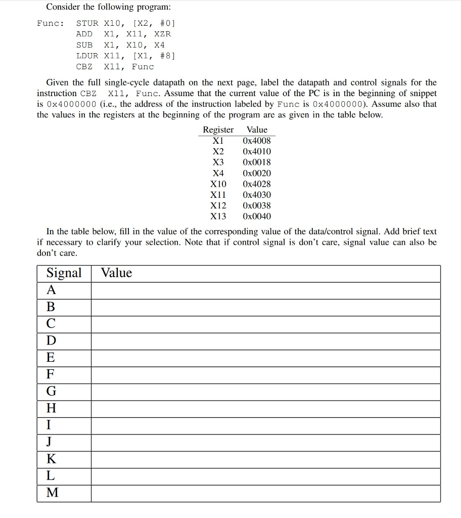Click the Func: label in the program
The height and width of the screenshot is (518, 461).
tap(51, 23)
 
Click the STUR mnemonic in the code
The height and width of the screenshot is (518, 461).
tap(87, 23)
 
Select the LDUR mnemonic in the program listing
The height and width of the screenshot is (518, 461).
tap(87, 56)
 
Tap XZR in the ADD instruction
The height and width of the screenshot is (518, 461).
tap(162, 34)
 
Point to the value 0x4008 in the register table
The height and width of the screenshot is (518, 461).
tap(257, 141)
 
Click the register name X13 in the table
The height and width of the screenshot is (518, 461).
tap(218, 217)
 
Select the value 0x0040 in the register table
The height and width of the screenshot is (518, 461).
tap(257, 217)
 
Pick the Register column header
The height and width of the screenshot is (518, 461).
tap(218, 129)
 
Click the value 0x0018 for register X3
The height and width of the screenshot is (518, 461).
tap(257, 162)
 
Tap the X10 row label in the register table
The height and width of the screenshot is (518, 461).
tap(218, 184)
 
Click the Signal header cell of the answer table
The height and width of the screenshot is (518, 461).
tap(64, 273)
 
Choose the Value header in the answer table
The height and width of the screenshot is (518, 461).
tap(116, 273)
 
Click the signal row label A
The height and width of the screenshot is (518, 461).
tap(52, 290)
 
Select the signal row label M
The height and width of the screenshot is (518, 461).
tap(52, 493)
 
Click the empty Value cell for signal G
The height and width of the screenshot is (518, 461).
tap(265, 392)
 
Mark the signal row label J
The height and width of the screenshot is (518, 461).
tap(49, 442)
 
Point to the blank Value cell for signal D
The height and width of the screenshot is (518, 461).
tap(265, 341)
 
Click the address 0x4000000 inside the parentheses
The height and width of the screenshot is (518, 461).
tap(338, 104)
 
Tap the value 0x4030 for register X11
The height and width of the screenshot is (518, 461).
tap(257, 195)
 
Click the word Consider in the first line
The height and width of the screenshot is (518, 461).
tap(63, 7)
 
